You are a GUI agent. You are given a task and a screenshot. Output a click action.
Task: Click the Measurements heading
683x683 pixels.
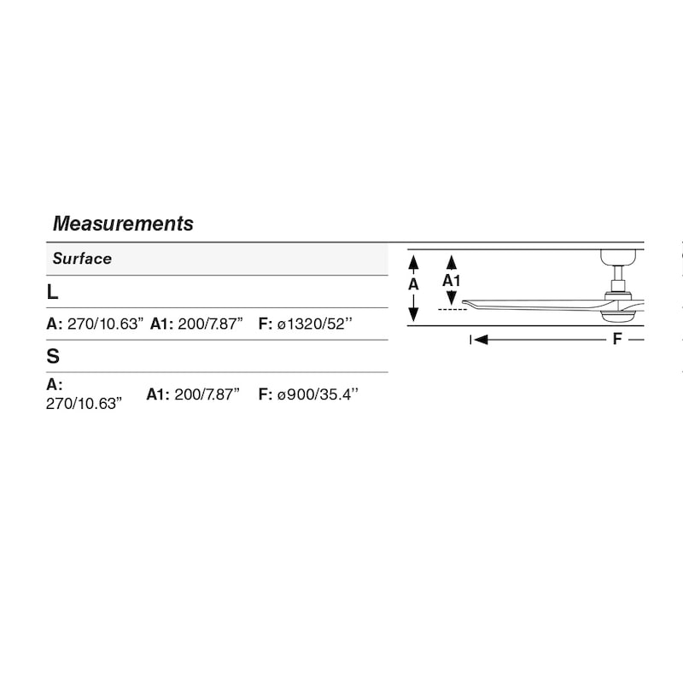123,224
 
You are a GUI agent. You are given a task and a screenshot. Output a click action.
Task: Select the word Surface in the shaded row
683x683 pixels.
82,259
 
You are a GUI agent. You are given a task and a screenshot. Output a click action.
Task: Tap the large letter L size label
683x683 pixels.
52,292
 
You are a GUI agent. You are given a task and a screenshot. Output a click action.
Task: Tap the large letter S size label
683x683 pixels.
53,356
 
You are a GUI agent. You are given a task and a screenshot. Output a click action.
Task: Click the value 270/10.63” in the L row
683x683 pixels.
105,324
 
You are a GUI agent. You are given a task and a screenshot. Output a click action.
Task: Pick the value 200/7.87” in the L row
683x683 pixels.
210,324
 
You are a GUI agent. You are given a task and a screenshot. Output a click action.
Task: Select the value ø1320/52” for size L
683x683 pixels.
315,324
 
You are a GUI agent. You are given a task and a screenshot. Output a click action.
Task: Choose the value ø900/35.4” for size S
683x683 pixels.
318,394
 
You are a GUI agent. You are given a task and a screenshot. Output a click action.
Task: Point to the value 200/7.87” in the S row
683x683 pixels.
207,394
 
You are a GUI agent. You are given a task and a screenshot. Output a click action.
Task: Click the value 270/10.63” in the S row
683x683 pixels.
84,404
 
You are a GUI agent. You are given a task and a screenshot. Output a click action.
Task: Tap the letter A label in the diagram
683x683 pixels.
413,284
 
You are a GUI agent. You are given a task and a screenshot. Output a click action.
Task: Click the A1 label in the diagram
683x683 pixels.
452,281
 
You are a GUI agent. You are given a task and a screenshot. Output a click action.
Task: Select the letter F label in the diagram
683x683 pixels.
617,338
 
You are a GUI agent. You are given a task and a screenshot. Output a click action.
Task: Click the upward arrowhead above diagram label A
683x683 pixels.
413,262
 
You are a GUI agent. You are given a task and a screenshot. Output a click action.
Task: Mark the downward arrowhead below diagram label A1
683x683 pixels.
452,298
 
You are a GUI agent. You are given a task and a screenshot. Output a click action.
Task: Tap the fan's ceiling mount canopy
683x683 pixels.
618,257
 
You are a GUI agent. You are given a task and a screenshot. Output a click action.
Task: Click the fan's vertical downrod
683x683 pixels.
618,273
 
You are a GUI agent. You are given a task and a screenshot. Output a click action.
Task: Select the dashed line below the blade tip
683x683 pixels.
452,309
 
